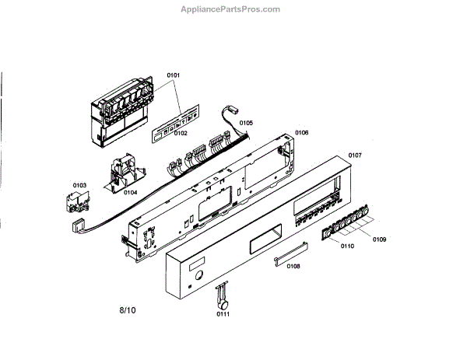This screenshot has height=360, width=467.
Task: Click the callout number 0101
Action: [173, 75]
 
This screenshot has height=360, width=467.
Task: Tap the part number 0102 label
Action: [180, 134]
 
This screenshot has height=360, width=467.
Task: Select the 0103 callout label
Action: [79, 185]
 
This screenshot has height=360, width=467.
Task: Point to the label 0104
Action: [130, 191]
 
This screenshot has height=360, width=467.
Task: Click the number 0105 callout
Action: [246, 123]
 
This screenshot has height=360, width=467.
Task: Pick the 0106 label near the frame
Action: [301, 133]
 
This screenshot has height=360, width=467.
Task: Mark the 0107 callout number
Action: [355, 156]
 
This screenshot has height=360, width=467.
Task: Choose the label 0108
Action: [293, 267]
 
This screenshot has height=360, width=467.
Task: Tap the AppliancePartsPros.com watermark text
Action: [230, 9]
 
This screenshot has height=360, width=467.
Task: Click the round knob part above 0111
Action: [221, 295]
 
